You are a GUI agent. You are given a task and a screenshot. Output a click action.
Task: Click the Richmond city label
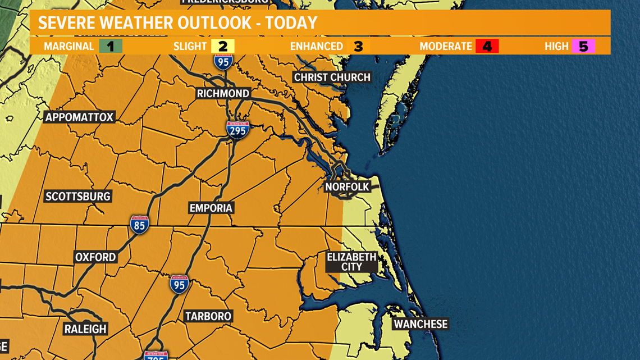pyautogui.click(x=223, y=93)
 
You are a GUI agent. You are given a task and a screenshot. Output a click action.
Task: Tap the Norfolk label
pyautogui.click(x=347, y=186)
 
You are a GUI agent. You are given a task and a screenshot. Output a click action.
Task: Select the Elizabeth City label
pyautogui.click(x=351, y=262)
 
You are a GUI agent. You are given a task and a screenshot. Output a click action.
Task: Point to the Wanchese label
pyautogui.click(x=420, y=324)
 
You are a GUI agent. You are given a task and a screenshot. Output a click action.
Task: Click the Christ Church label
pyautogui.click(x=332, y=77)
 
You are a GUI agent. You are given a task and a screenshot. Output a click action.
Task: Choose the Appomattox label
pyautogui.click(x=79, y=117)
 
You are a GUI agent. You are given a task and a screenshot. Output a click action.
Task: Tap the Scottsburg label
pyautogui.click(x=78, y=196)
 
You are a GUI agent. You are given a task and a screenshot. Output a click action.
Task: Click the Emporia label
pyautogui.click(x=211, y=208)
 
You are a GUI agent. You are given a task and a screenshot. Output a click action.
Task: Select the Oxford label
pyautogui.click(x=95, y=257)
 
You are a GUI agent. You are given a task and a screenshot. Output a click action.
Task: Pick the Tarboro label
pyautogui.click(x=208, y=316)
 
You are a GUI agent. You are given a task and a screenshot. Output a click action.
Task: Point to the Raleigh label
pyautogui.click(x=85, y=329)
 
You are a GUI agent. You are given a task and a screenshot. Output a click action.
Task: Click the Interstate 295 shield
pyautogui.click(x=237, y=130)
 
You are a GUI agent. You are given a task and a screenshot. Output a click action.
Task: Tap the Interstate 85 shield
pyautogui.click(x=139, y=225)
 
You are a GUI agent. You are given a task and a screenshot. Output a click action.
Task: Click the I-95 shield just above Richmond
pyautogui.click(x=223, y=61)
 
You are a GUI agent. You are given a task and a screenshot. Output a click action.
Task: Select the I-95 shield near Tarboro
pyautogui.click(x=179, y=284)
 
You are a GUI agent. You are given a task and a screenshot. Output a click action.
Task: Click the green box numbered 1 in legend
pyautogui.click(x=111, y=46)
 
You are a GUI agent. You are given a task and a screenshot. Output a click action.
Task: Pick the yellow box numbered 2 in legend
pyautogui.click(x=223, y=46)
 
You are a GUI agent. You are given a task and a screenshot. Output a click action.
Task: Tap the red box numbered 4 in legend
pyautogui.click(x=487, y=46)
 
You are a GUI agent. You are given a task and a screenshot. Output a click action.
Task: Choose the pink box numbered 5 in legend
pyautogui.click(x=583, y=46)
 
